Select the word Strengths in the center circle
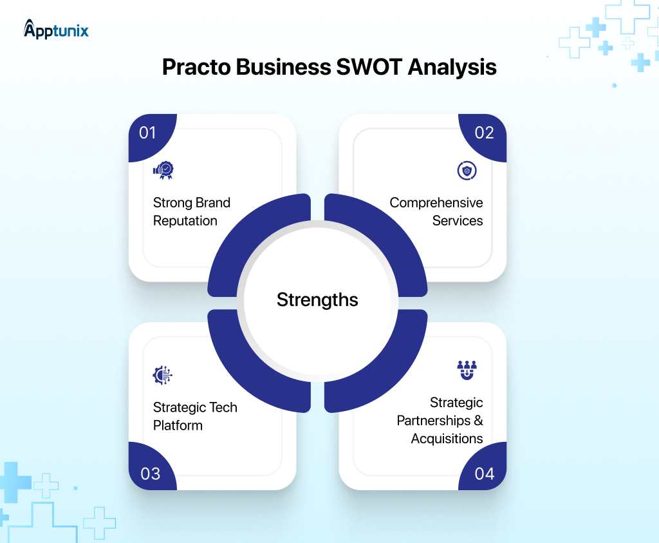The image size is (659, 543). click(317, 300)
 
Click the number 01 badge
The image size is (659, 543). click(148, 133)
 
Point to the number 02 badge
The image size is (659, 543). click(484, 133)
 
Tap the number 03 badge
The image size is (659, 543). click(150, 473)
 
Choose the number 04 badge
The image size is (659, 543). click(484, 473)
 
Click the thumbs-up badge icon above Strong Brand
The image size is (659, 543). click(163, 170)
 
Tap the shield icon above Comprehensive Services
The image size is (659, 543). click(467, 170)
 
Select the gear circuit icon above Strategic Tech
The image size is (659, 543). click(163, 375)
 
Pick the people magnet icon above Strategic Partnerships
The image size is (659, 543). click(467, 370)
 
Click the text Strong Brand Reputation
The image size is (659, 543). click(191, 211)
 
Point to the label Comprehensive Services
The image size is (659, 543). click(436, 211)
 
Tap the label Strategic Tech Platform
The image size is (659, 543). click(195, 416)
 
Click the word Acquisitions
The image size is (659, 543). click(447, 439)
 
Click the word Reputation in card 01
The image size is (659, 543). click(185, 220)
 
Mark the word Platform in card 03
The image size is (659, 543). click(178, 425)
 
